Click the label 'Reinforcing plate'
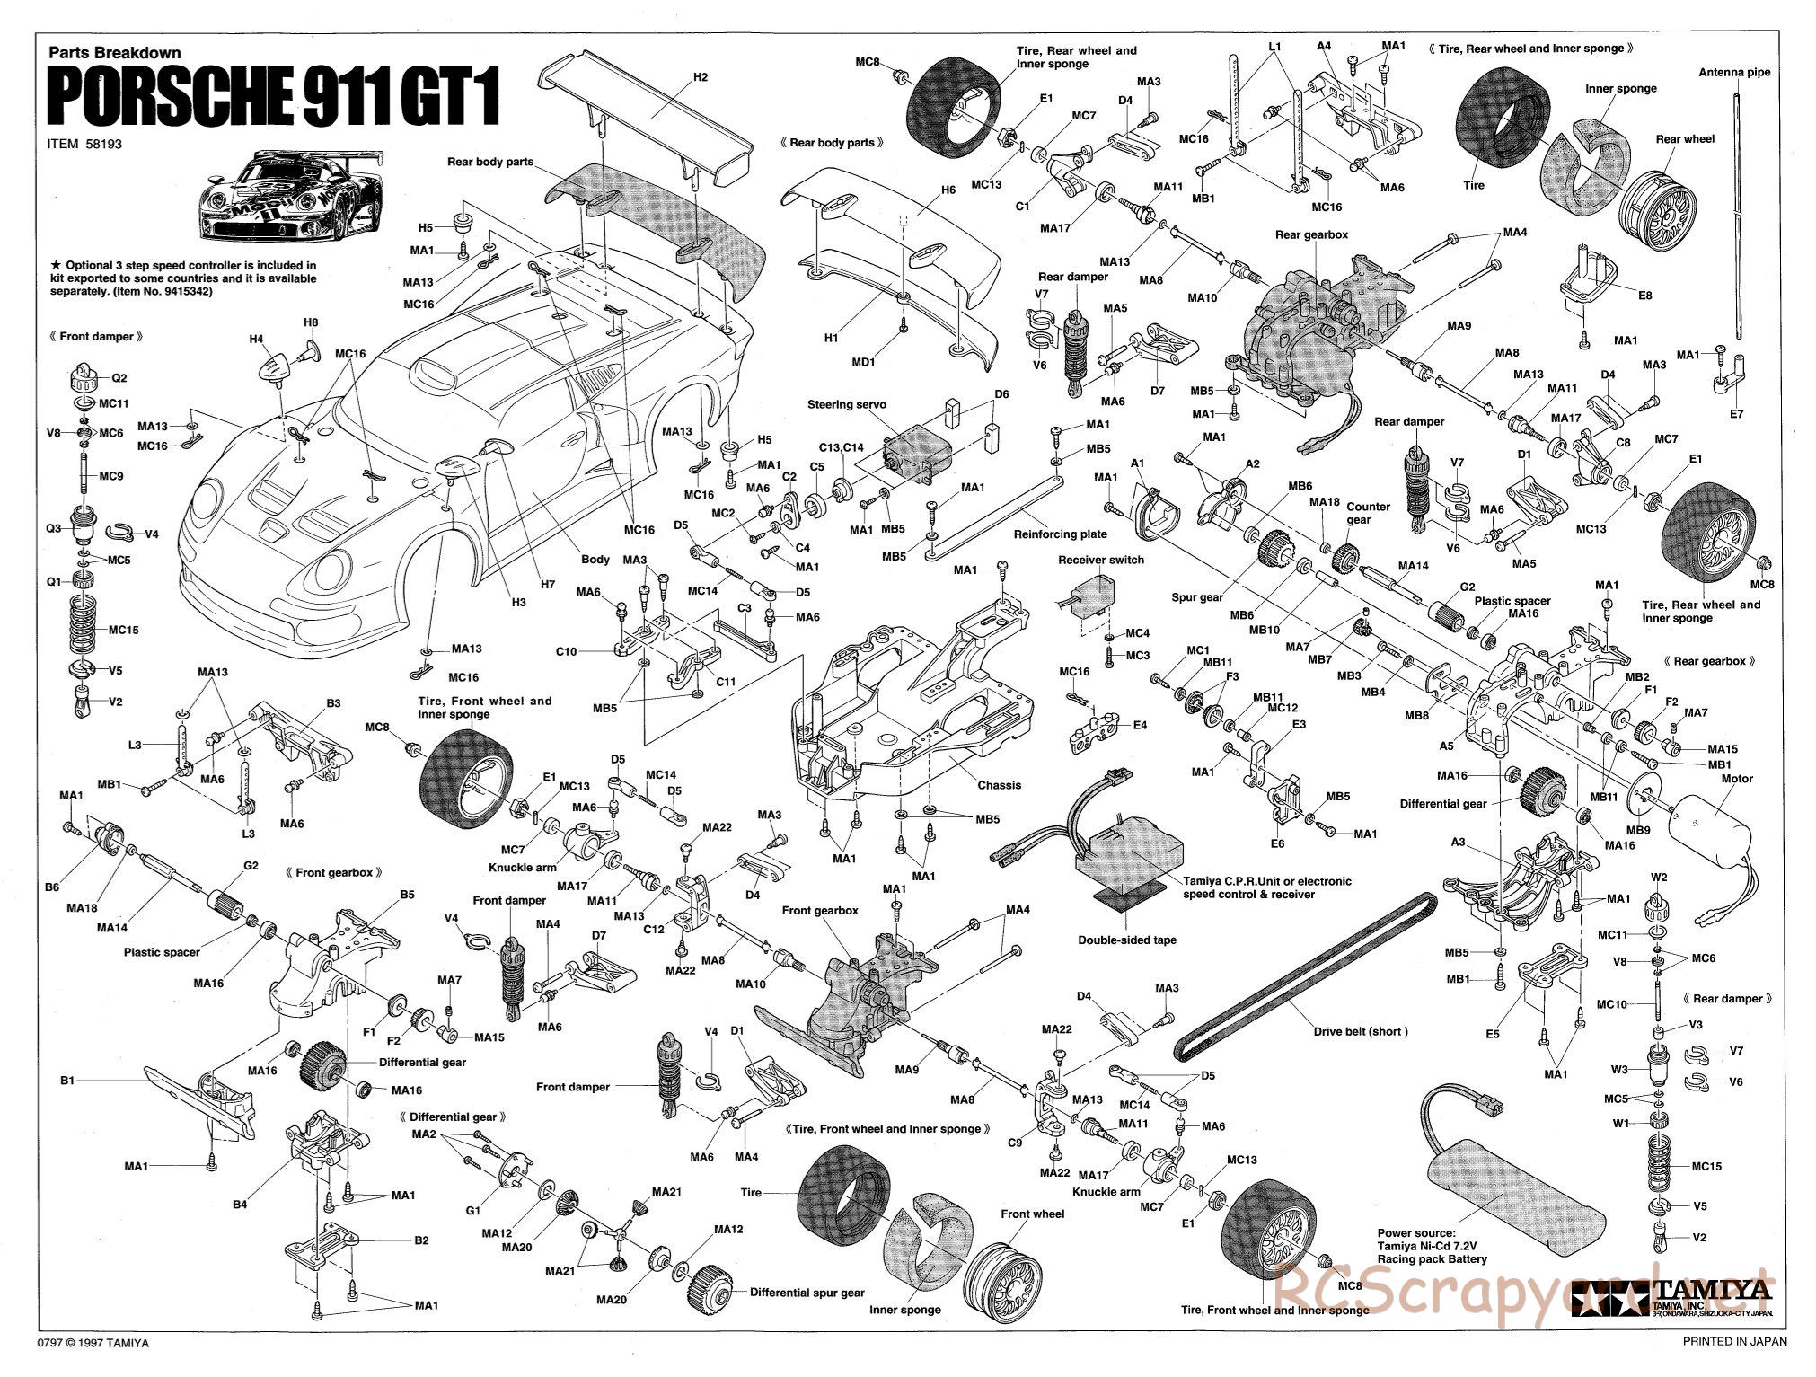point(1060,534)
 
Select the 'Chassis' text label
point(999,785)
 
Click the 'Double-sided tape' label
point(1127,940)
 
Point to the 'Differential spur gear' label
point(807,1293)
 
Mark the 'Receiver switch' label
point(1100,560)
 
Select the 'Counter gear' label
point(1369,513)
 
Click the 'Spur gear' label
point(1197,597)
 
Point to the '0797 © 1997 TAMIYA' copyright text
point(93,1367)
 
